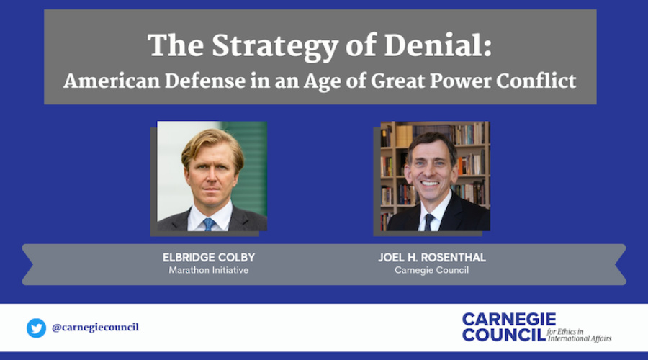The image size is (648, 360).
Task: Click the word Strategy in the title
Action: click(x=275, y=47)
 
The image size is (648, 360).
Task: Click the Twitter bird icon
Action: click(x=37, y=328)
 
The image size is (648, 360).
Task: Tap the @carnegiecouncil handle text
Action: click(x=95, y=328)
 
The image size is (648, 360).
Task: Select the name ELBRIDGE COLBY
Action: click(x=209, y=258)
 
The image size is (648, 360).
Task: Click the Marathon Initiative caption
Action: click(x=209, y=270)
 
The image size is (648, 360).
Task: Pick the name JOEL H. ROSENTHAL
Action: click(x=432, y=258)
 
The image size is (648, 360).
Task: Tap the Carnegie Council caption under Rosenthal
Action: click(x=432, y=270)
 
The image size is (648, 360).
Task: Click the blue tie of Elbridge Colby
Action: click(x=209, y=225)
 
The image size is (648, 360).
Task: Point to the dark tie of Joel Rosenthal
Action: click(x=429, y=222)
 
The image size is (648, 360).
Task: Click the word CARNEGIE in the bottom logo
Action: click(x=509, y=320)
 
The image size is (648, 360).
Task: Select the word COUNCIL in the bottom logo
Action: click(x=504, y=334)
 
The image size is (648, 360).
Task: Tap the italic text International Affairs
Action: click(x=580, y=338)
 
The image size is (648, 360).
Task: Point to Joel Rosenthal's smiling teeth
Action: click(x=430, y=183)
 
